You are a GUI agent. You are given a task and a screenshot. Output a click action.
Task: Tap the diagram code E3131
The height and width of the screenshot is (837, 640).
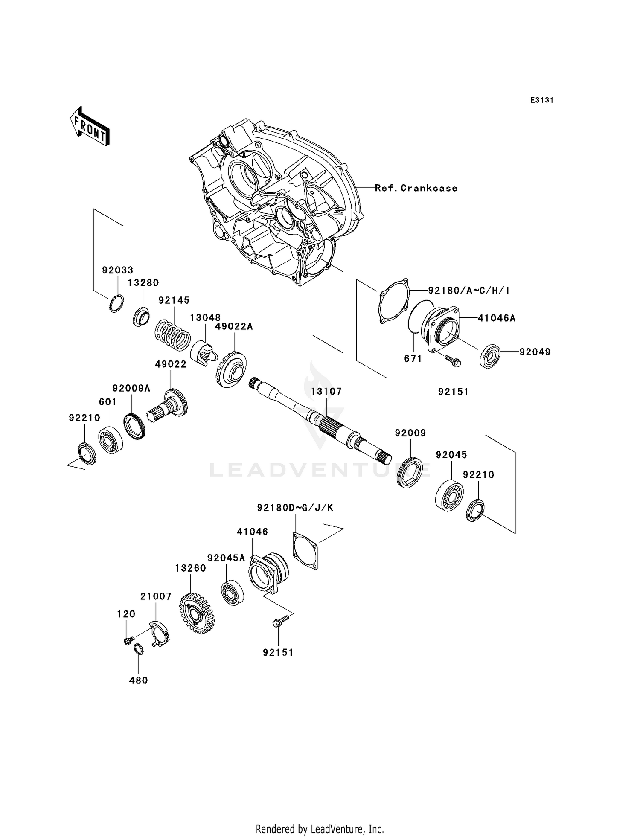pyautogui.click(x=541, y=100)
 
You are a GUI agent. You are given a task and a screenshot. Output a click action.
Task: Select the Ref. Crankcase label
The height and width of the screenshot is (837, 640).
pyautogui.click(x=416, y=188)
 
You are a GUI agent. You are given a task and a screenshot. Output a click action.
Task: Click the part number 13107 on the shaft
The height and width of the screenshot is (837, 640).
pyautogui.click(x=326, y=392)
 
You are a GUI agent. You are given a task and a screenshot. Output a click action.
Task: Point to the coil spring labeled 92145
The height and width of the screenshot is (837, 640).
pyautogui.click(x=172, y=335)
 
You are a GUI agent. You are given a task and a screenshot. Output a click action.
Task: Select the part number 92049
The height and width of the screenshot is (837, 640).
pyautogui.click(x=535, y=352)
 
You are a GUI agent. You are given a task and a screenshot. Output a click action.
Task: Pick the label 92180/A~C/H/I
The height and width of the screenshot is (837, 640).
pyautogui.click(x=468, y=291)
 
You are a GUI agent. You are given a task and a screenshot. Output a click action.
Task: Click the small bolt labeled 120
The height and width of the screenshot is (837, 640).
pyautogui.click(x=127, y=641)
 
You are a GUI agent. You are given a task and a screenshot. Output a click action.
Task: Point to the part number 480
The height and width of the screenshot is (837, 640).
pyautogui.click(x=138, y=680)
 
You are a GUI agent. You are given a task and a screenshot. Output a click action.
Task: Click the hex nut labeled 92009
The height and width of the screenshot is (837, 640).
pyautogui.click(x=409, y=472)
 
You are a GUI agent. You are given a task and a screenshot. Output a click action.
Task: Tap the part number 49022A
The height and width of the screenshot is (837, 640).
pyautogui.click(x=234, y=327)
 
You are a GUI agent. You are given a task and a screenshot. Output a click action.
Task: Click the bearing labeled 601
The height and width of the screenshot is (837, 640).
pyautogui.click(x=111, y=440)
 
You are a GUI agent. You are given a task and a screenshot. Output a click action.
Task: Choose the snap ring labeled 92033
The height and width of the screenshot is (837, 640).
pyautogui.click(x=116, y=303)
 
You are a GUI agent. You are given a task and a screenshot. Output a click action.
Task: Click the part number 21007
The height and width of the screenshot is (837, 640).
pyautogui.click(x=156, y=596)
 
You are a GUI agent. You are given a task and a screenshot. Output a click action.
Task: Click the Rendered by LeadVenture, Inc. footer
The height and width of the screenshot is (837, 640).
pyautogui.click(x=320, y=829)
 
